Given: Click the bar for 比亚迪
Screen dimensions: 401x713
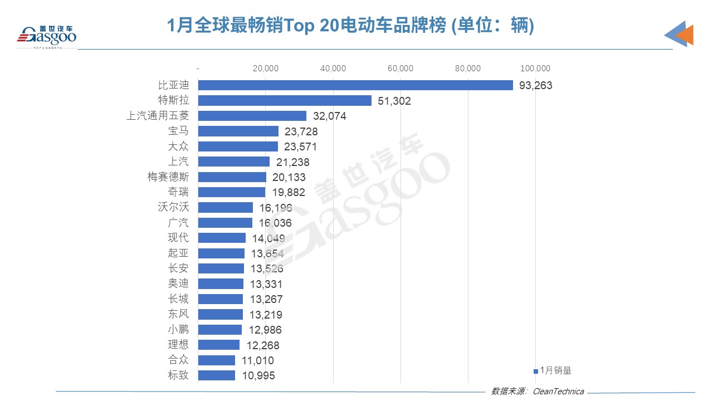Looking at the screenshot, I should [355, 85].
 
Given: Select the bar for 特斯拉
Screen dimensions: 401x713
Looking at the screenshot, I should [285, 101].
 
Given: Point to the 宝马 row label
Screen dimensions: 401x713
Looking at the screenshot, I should [178, 131].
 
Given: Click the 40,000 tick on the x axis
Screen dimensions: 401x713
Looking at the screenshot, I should [333, 69].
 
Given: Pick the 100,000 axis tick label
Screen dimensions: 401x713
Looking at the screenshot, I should [535, 69].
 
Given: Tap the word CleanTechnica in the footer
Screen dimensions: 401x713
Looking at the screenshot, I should [559, 392].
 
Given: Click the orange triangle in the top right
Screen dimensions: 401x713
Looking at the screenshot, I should [685, 36].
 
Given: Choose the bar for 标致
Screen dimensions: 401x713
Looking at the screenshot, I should [217, 375].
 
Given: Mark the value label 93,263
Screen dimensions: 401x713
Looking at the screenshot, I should [536, 86].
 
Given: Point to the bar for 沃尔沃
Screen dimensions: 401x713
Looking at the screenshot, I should [226, 208].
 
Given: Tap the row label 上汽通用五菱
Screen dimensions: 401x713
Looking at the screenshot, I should [158, 116].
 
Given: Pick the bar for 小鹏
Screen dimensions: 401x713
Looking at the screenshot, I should [220, 330].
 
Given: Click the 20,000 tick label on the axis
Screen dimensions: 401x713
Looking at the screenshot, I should [266, 69].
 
